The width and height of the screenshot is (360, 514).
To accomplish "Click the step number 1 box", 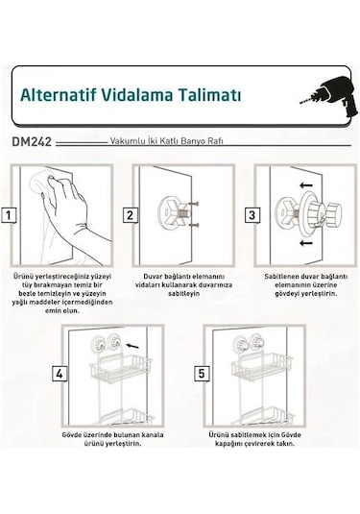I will click(x=8, y=215).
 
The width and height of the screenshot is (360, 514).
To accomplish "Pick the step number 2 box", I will click(x=130, y=215).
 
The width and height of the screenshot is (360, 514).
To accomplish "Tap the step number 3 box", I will click(x=252, y=215).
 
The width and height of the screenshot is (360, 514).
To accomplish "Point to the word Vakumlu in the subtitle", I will click(x=129, y=140).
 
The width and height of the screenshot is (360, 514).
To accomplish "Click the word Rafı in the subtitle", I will click(x=216, y=140).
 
